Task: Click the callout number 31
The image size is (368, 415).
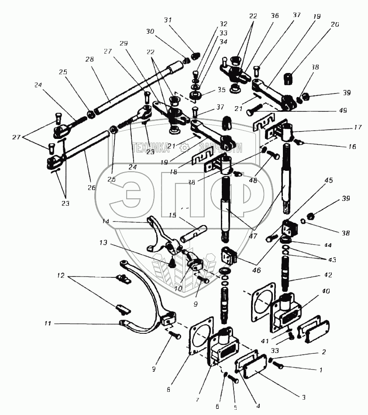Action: pos(168,20)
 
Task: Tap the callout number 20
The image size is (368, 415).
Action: pos(334,25)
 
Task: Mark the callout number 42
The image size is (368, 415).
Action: pos(328,276)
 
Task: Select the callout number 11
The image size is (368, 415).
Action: pos(48,324)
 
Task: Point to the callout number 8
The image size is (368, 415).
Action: pos(169,389)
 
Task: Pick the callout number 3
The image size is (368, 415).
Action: pos(303,397)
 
